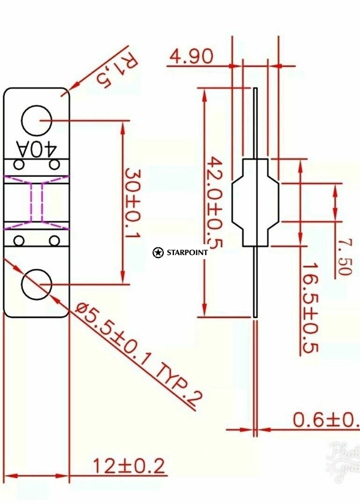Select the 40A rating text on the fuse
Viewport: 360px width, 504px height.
37,148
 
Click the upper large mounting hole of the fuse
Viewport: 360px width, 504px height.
37,120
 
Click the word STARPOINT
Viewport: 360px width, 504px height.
187,253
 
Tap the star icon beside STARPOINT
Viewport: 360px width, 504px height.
158,253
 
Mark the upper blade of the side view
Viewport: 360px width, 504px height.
256,123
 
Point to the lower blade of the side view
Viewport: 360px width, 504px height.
256,282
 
